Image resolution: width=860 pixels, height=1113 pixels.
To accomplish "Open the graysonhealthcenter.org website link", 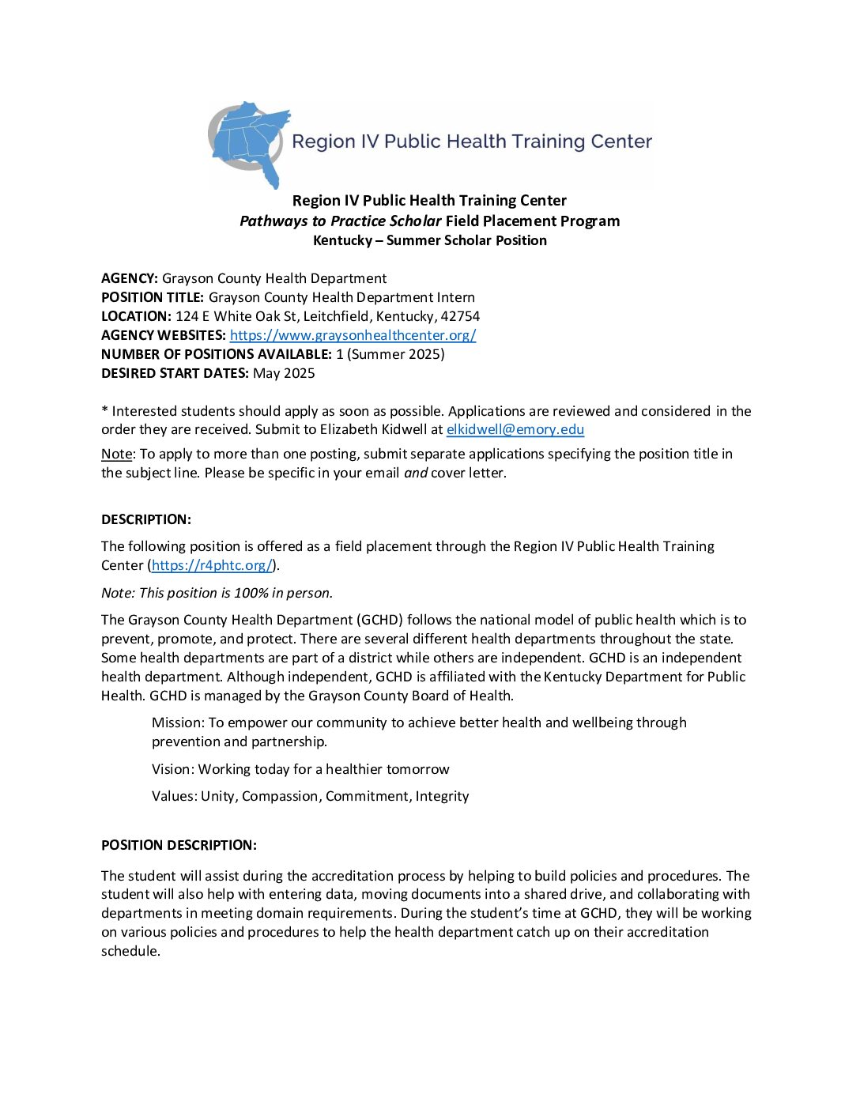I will [x=353, y=335].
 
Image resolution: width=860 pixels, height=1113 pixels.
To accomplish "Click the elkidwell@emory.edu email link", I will [x=515, y=430].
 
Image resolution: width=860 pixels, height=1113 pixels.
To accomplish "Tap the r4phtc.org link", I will [x=212, y=565].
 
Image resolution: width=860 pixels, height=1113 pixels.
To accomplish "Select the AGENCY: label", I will [x=130, y=278].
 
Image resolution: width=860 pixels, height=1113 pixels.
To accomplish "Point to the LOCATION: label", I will [x=136, y=316].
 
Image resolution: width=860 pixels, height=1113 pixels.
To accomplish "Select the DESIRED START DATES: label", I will [x=175, y=373].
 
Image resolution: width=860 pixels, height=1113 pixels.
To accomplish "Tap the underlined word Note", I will [x=116, y=454].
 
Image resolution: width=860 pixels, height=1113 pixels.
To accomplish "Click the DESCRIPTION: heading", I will [x=146, y=519].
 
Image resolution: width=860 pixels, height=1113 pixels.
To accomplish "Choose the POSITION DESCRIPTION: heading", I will [x=179, y=845].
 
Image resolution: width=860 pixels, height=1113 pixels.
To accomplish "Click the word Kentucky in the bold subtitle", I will [x=342, y=240].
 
